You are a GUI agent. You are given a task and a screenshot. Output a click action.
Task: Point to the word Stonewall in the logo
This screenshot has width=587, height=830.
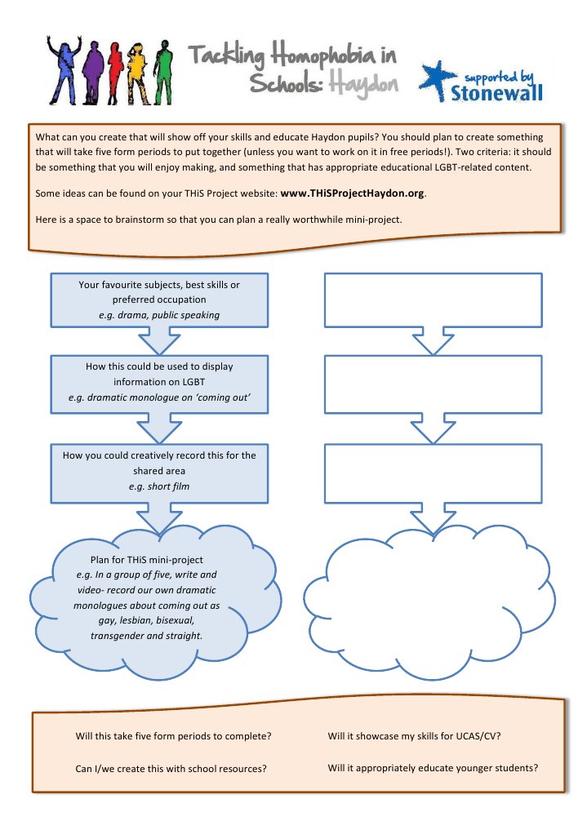pyautogui.click(x=496, y=92)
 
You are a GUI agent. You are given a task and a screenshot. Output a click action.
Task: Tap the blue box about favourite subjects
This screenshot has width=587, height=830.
pyautogui.click(x=159, y=300)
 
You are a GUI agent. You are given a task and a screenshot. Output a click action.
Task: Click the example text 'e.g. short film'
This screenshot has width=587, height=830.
pyautogui.click(x=159, y=486)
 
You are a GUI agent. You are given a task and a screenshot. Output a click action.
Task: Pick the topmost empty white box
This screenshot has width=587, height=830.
pyautogui.click(x=434, y=300)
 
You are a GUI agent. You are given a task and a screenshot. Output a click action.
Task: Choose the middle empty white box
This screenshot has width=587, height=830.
pyautogui.click(x=434, y=382)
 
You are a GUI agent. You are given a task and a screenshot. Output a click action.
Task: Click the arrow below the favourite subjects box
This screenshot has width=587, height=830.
pyautogui.click(x=159, y=340)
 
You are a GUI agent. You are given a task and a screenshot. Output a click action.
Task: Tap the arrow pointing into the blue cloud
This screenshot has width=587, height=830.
pyautogui.click(x=159, y=516)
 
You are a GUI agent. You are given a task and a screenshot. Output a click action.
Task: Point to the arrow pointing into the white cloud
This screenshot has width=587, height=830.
pyautogui.click(x=434, y=516)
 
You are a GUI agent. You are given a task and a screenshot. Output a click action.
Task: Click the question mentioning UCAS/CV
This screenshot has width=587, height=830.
pyautogui.click(x=414, y=735)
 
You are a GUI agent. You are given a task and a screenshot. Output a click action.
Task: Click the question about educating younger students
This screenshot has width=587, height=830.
pyautogui.click(x=433, y=768)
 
